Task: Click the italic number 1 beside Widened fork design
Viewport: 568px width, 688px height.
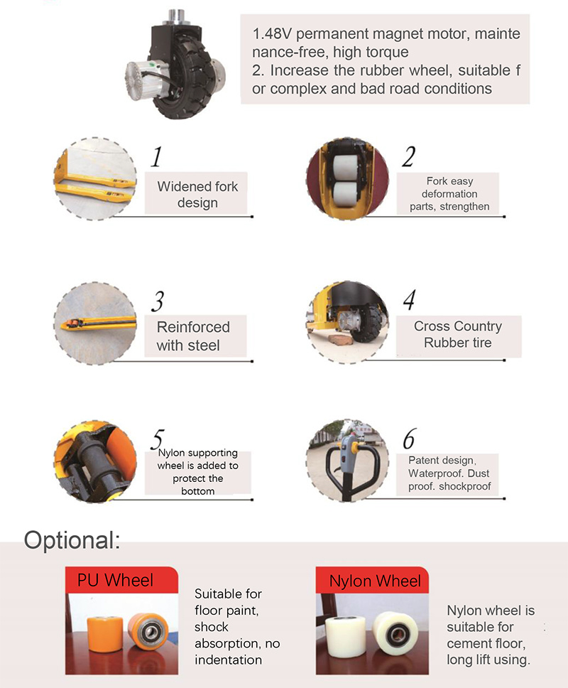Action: coord(156,156)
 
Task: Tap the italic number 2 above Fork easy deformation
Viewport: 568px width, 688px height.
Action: coord(408,156)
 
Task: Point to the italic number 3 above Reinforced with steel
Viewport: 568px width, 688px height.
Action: coord(158,301)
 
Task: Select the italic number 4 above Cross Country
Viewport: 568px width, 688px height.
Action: coord(410,300)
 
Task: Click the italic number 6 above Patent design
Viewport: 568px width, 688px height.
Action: coord(409,439)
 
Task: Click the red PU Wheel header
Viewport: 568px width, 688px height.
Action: coord(122,580)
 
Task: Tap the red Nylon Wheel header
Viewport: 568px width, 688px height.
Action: coord(372,581)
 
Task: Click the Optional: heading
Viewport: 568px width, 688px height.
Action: coord(72,539)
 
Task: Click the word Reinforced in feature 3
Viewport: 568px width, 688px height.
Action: coord(193,327)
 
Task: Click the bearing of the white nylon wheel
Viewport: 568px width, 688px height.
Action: coord(398,633)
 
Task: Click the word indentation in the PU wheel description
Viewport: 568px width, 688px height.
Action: coord(229,660)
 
